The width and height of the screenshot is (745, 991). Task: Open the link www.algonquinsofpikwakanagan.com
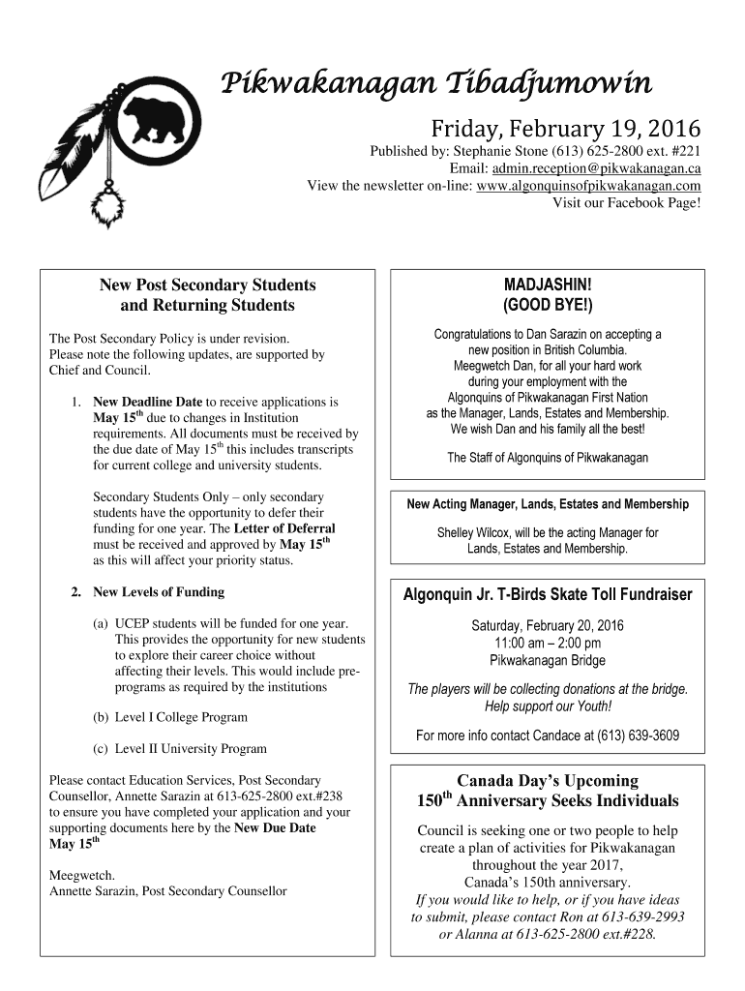pyautogui.click(x=589, y=185)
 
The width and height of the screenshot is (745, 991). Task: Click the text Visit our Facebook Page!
pyautogui.click(x=626, y=202)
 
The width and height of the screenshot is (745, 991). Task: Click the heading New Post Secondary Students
pyautogui.click(x=208, y=285)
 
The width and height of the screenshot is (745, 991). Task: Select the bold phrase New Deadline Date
pyautogui.click(x=147, y=401)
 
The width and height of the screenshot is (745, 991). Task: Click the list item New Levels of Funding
pyautogui.click(x=158, y=591)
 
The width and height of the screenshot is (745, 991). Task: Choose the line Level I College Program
pyautogui.click(x=181, y=717)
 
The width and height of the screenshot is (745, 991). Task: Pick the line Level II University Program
pyautogui.click(x=191, y=748)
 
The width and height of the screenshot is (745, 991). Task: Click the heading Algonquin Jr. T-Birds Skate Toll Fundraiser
pyautogui.click(x=547, y=594)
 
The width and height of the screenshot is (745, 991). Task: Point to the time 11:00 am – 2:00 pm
pyautogui.click(x=547, y=643)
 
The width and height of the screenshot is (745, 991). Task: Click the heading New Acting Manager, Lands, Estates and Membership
pyautogui.click(x=547, y=504)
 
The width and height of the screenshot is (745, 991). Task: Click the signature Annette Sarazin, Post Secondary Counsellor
pyautogui.click(x=167, y=890)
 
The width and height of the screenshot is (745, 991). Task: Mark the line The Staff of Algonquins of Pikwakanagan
pyautogui.click(x=547, y=458)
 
